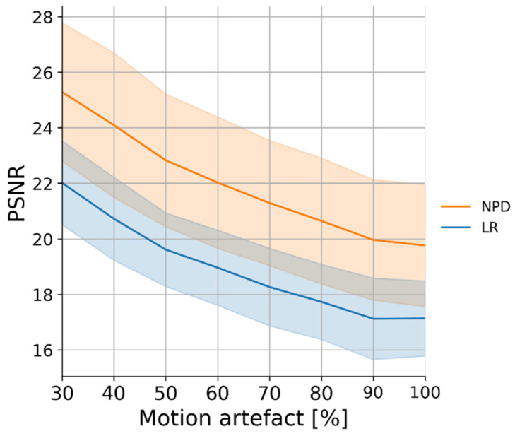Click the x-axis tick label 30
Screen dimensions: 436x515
tap(62, 391)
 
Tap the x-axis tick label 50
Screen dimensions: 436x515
tap(165, 391)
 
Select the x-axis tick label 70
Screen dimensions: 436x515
tap(269, 391)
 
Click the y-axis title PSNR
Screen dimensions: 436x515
tap(17, 192)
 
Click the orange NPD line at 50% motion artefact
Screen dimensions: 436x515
tap(165, 160)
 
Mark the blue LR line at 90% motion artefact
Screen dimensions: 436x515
tap(372, 319)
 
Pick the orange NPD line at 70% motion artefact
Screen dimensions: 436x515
tap(269, 203)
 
